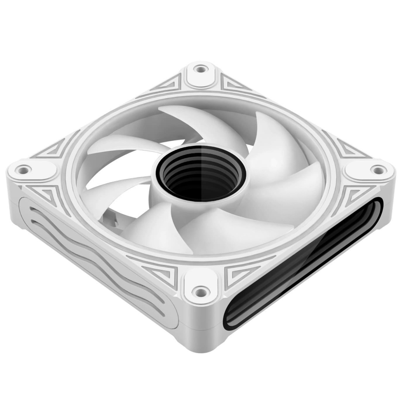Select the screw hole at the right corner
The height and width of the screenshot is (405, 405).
[x=377, y=168]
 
